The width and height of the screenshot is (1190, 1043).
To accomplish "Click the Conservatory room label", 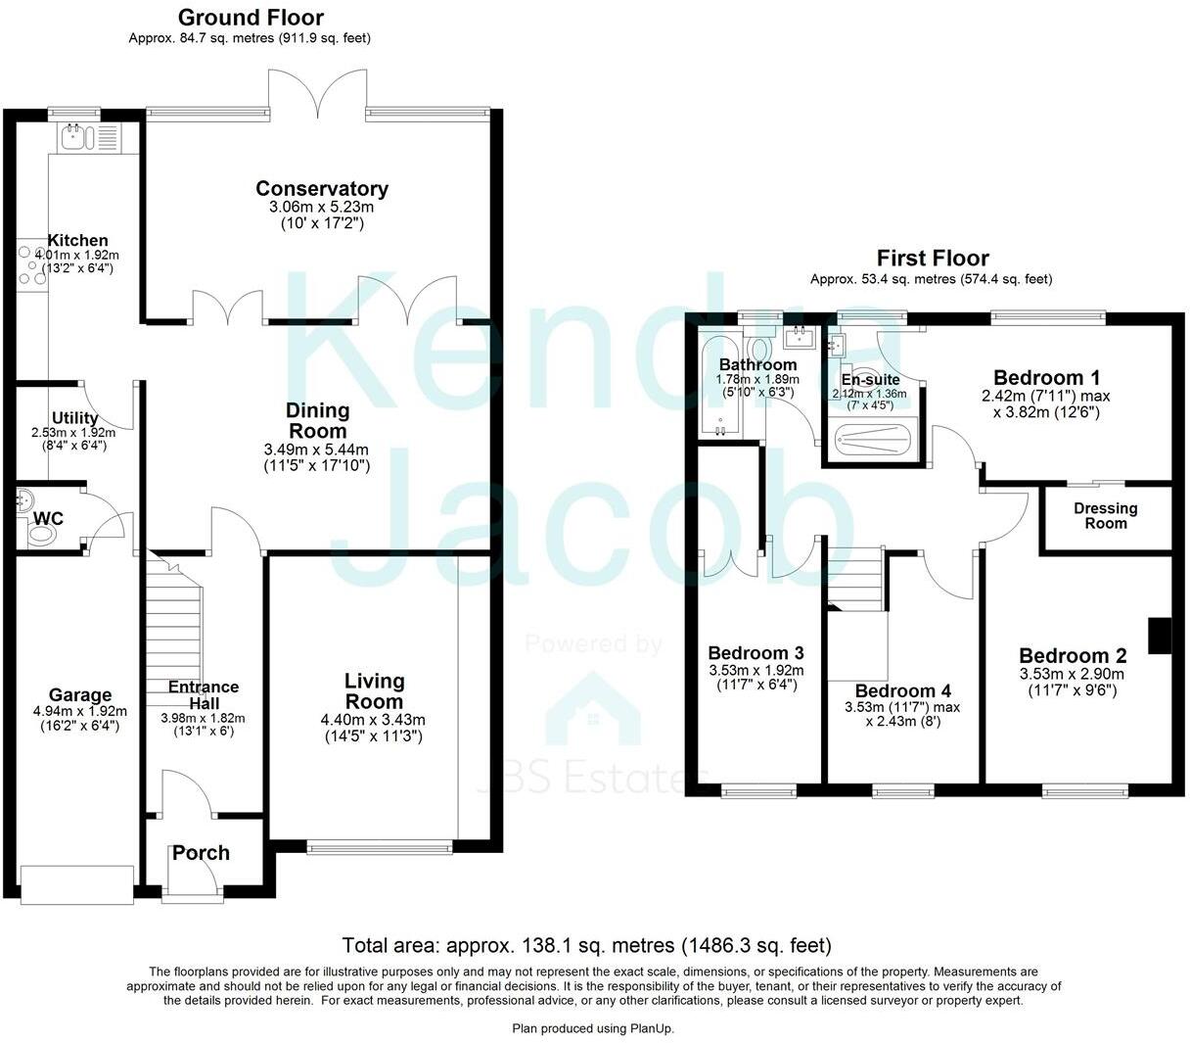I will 321,189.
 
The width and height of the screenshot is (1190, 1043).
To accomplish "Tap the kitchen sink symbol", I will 75,137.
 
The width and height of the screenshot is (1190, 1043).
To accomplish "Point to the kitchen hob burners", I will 30,265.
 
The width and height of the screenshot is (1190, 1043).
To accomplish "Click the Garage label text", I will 80,695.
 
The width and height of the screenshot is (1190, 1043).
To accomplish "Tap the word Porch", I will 201,853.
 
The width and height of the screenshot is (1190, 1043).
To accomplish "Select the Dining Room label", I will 317,420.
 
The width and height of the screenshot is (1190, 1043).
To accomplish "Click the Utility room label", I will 74,418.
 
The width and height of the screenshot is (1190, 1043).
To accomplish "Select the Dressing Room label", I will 1106,515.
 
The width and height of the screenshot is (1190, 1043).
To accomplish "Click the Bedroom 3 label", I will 755,653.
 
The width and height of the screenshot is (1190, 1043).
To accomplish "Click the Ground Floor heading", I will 251,18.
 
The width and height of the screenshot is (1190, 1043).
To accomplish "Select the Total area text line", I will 586,946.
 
